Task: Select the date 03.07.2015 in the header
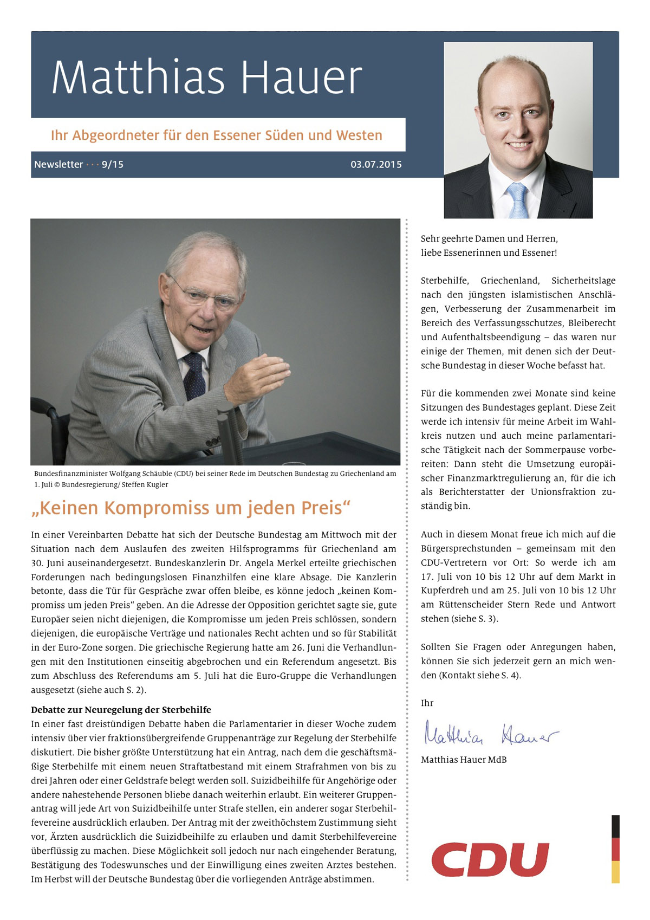tap(376, 164)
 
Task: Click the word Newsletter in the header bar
tap(58, 164)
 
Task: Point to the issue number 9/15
tap(113, 164)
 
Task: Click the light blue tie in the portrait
tap(517, 199)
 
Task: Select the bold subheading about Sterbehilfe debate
tap(121, 710)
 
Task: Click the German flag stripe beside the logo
tap(615, 849)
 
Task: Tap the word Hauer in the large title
tap(301, 77)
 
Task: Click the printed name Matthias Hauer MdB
tap(464, 760)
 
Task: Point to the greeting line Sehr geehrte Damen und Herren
tap(489, 238)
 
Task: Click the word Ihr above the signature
tap(427, 703)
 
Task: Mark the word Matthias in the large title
tap(138, 77)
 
